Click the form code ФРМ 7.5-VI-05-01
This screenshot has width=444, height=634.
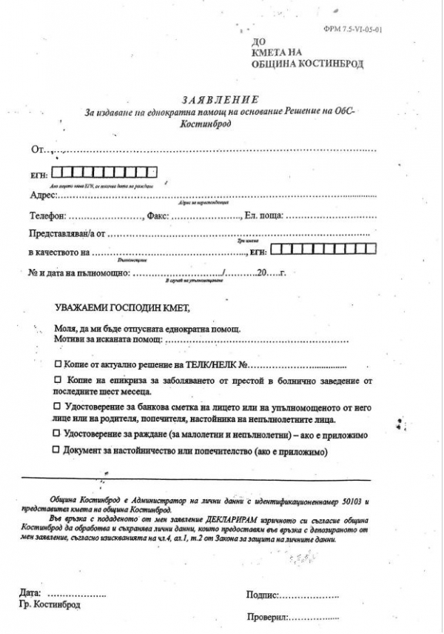[x=362, y=30]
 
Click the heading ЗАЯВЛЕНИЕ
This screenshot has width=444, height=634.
[x=220, y=99]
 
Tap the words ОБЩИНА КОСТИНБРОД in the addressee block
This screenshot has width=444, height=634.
[x=305, y=64]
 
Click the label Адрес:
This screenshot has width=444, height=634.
[x=42, y=196]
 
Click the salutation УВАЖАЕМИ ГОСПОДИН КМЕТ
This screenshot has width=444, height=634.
[x=116, y=307]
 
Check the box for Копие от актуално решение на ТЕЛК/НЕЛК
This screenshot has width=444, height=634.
[x=58, y=365]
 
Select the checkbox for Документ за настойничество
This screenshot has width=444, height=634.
[x=58, y=450]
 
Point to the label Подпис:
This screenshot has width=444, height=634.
[x=262, y=594]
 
